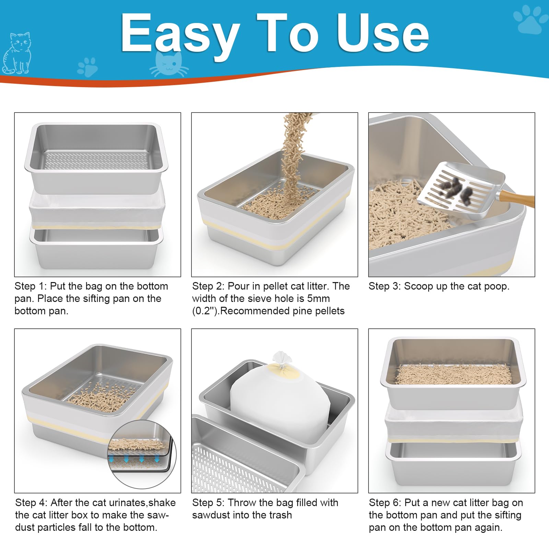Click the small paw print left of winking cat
pos(88,67)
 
